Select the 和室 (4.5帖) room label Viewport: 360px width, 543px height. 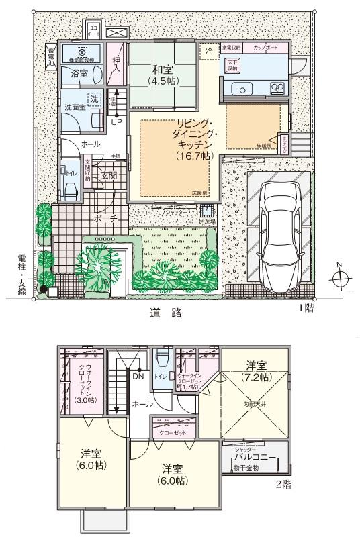(x=162, y=74)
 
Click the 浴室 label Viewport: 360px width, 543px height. (x=80, y=75)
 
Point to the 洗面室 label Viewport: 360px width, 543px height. (x=75, y=107)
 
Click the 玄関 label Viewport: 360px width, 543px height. (x=109, y=176)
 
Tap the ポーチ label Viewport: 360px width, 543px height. (x=105, y=219)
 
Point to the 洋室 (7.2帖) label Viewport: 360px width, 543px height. (x=255, y=371)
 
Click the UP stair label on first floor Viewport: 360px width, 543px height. (x=116, y=122)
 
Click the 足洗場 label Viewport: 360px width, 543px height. (x=206, y=220)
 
